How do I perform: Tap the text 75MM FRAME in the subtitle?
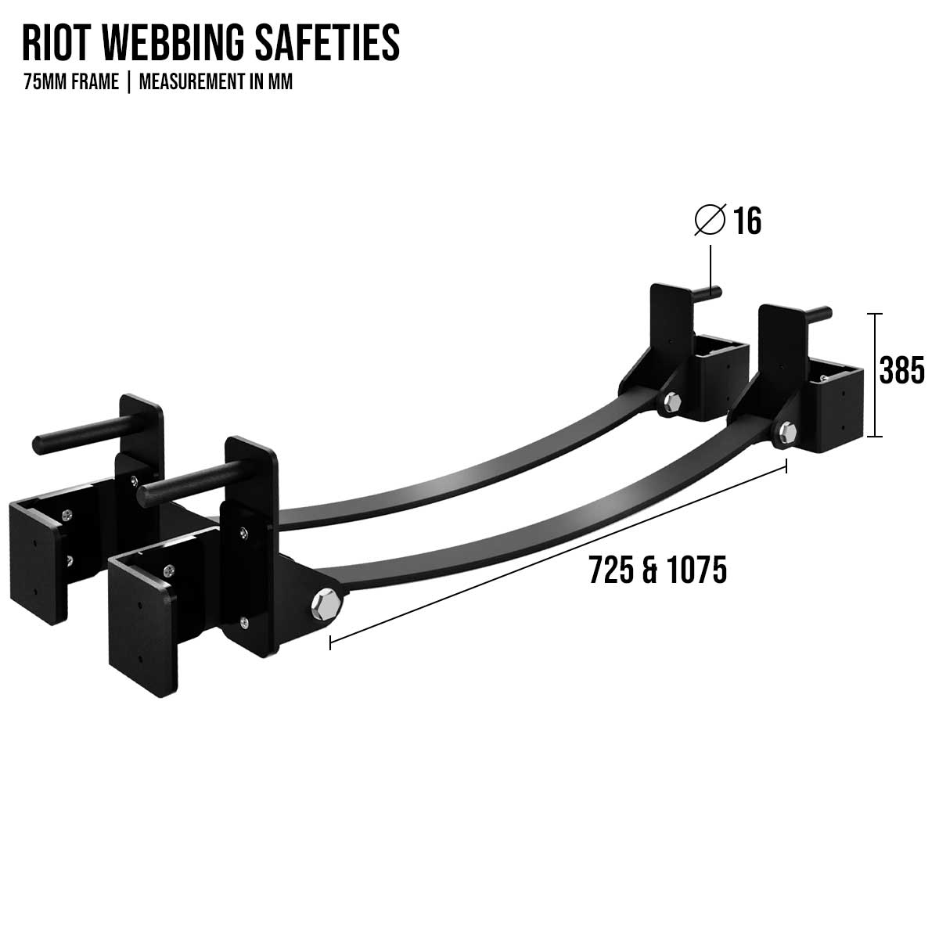coord(71,82)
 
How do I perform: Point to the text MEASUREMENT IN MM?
coord(216,82)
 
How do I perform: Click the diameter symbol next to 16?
coord(710,221)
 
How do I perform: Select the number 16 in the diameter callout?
coord(747,221)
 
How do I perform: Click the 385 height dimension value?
coord(901,371)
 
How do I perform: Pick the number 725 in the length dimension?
coord(611,570)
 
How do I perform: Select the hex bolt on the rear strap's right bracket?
coord(671,404)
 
